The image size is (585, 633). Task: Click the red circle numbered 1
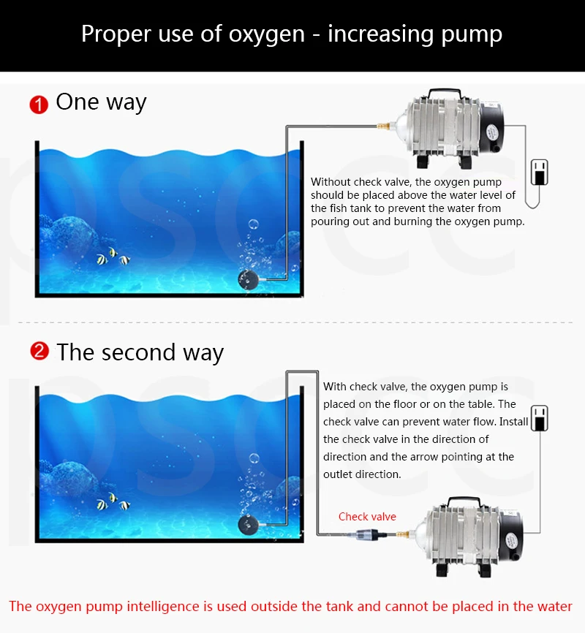pyautogui.click(x=38, y=104)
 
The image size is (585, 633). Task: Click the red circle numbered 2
pyautogui.click(x=39, y=352)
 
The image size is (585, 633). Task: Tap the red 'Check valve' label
pyautogui.click(x=367, y=517)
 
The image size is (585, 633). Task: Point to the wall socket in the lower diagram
pyautogui.click(x=539, y=418)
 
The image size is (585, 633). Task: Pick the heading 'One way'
pyautogui.click(x=101, y=102)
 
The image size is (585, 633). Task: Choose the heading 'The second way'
pyautogui.click(x=140, y=352)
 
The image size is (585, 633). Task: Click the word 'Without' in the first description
pyautogui.click(x=331, y=182)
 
